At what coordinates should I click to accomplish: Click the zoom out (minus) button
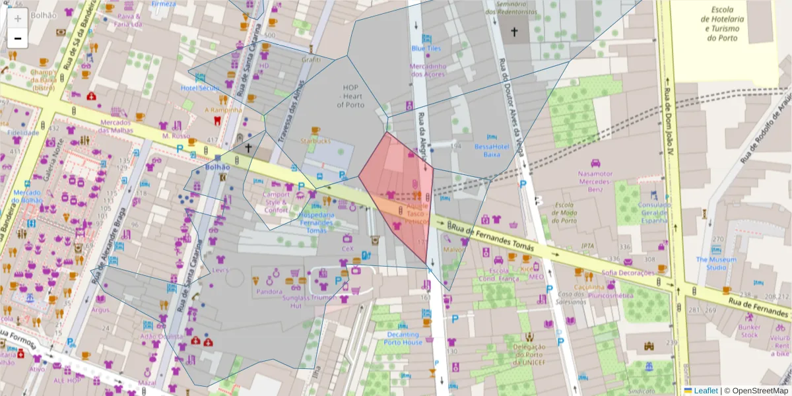point(18,39)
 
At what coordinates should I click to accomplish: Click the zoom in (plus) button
point(18,18)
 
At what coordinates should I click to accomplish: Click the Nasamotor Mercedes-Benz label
point(595,181)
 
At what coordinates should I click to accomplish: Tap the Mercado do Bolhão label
point(27,196)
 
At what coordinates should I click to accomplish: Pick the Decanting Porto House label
point(404,339)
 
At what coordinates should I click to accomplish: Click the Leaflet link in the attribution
point(704,391)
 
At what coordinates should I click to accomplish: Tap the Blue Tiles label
point(426,48)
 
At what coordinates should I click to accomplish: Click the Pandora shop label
point(269,292)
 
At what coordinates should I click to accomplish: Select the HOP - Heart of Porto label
point(354,96)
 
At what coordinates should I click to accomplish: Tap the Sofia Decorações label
point(628,273)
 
